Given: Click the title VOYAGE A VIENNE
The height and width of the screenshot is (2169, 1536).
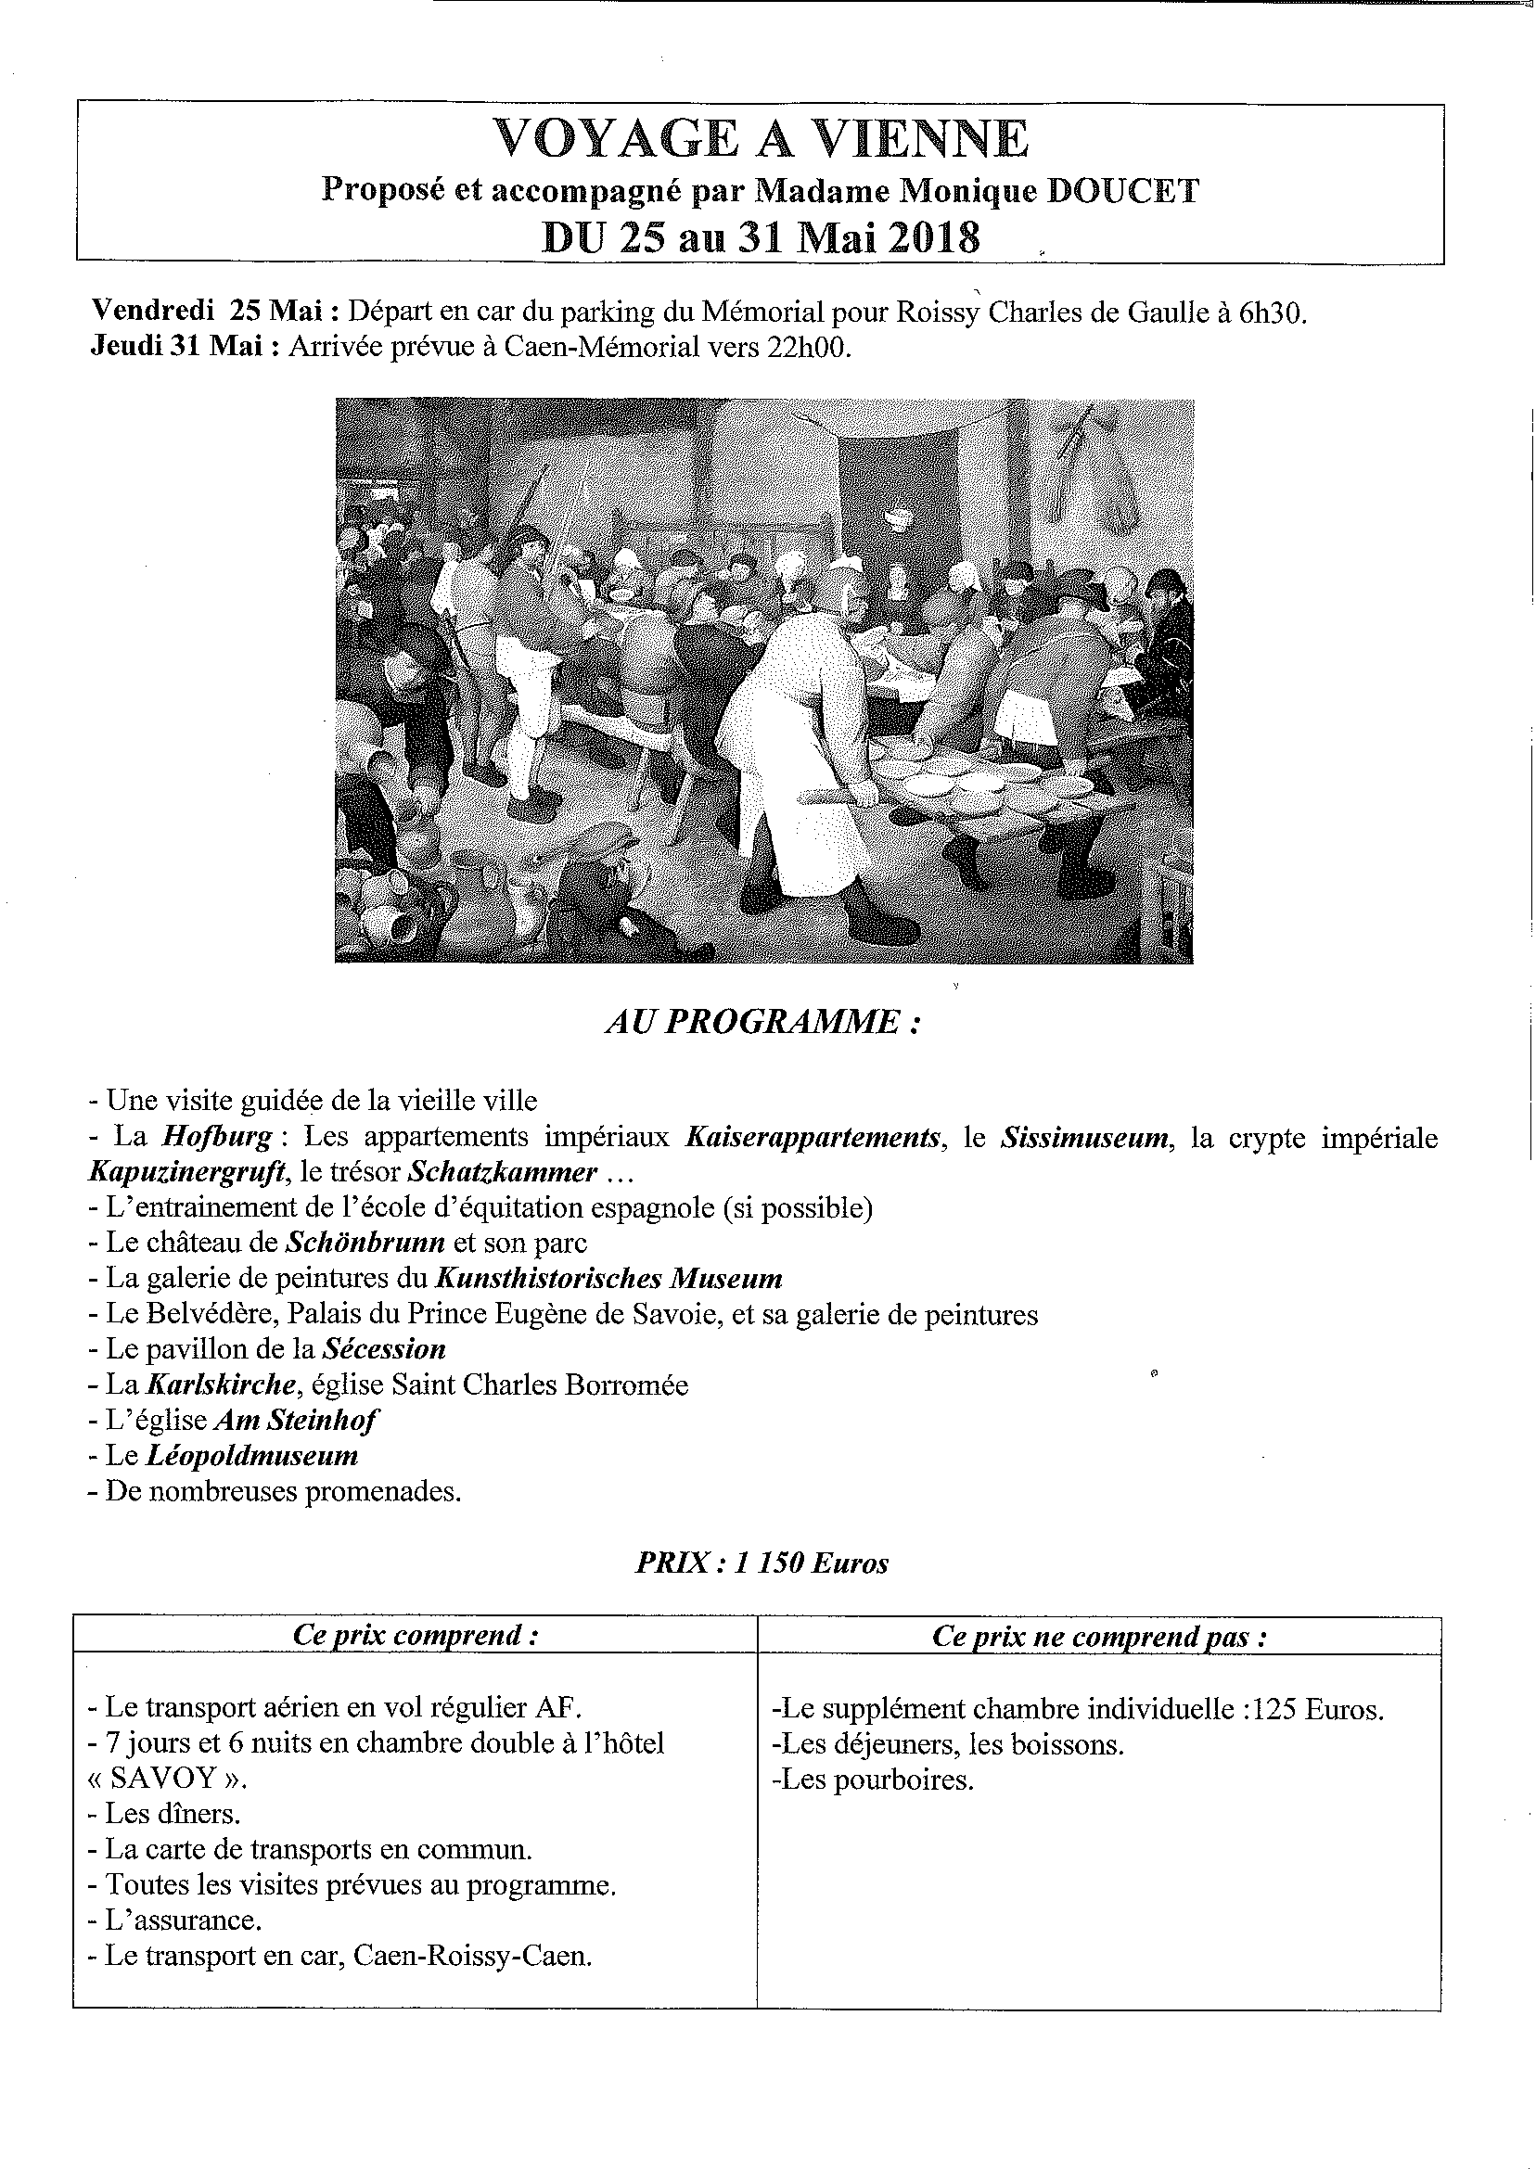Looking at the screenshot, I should (x=761, y=140).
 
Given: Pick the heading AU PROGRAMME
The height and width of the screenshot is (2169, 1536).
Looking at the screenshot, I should (x=762, y=1022).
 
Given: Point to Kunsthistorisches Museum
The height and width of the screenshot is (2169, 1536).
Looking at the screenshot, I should (x=608, y=1279).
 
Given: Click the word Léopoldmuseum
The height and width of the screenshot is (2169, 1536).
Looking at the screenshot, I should (x=251, y=1455).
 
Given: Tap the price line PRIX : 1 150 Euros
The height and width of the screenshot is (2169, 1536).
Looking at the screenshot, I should (x=762, y=1563).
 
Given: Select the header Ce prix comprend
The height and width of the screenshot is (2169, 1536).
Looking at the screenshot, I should (x=416, y=1636).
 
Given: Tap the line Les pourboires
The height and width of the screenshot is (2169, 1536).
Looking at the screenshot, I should (x=873, y=1780).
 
